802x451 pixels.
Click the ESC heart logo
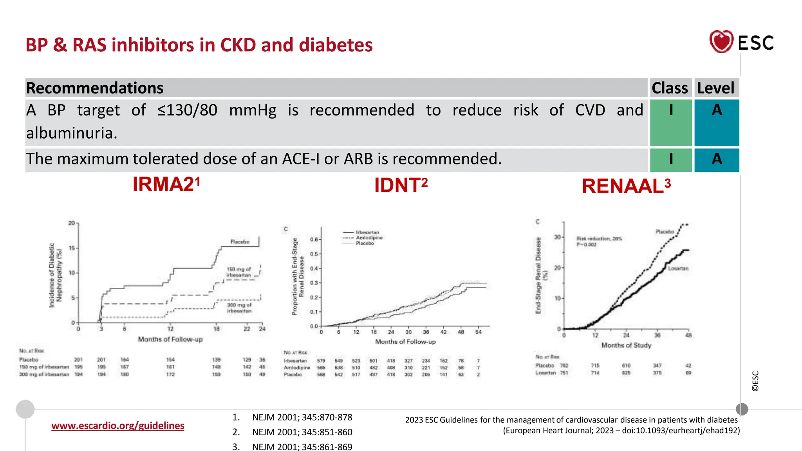click(721, 41)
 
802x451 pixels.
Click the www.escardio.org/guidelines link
click(117, 426)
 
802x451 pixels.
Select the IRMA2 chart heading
click(166, 184)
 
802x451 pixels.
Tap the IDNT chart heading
click(400, 185)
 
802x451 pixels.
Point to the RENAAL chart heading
click(625, 186)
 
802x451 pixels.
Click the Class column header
click(670, 88)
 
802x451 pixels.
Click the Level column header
click(716, 88)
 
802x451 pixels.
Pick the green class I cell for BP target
click(671, 122)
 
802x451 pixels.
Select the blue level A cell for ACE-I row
click(717, 159)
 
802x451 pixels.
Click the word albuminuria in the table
click(72, 133)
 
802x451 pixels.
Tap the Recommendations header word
click(95, 88)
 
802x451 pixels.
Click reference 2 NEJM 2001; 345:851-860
click(302, 432)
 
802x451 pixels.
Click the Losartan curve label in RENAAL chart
click(678, 268)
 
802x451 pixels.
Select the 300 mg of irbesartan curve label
click(239, 308)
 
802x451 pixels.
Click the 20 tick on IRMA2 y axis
click(72, 223)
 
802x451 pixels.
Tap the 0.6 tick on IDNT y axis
click(314, 239)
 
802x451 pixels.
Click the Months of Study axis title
click(626, 345)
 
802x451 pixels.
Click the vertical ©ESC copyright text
click(755, 381)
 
